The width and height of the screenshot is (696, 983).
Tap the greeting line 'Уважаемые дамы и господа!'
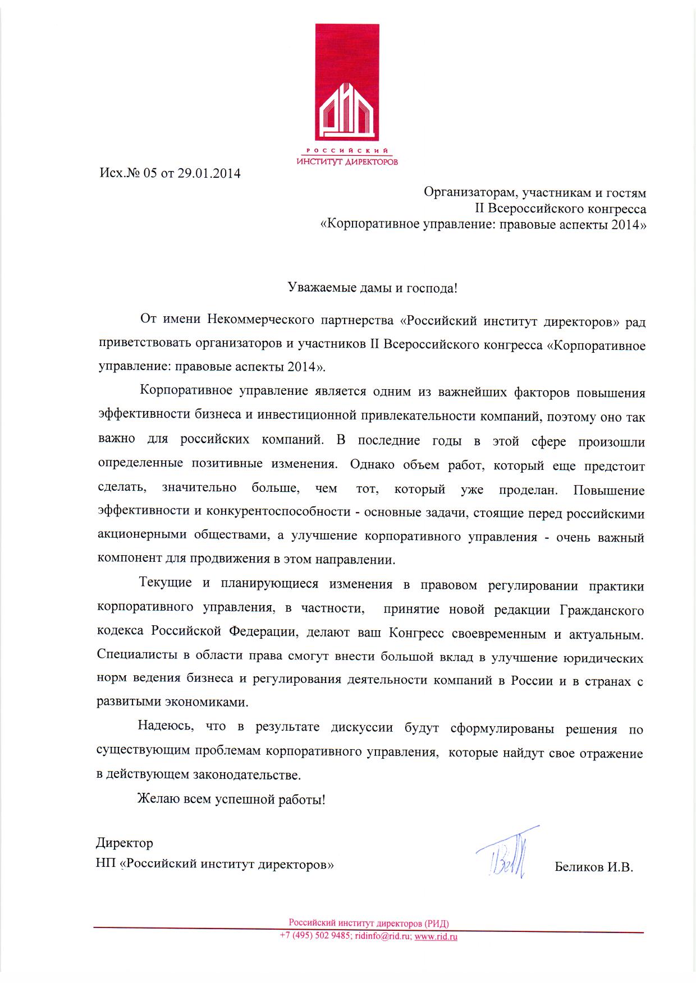click(372, 288)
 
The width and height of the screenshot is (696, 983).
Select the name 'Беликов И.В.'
click(594, 867)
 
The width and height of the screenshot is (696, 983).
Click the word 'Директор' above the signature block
click(124, 843)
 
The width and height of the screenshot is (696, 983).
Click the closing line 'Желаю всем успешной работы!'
click(231, 799)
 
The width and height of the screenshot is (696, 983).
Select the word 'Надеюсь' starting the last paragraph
click(166, 727)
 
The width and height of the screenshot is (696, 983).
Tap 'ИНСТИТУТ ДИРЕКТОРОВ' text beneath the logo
click(347, 162)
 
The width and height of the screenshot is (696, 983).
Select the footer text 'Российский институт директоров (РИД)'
click(369, 922)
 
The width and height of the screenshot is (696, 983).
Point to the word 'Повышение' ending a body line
click(609, 491)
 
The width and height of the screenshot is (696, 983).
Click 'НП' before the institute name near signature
click(106, 864)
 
